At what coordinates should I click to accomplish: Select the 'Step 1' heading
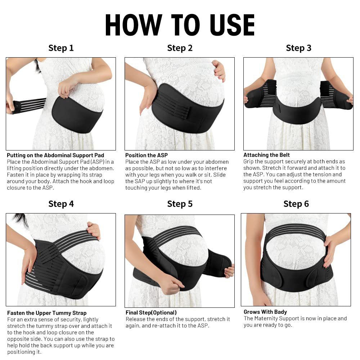(61, 48)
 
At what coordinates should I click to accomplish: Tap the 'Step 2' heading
(180, 48)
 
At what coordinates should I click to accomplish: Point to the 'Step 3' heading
(298, 48)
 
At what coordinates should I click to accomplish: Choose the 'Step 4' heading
(61, 204)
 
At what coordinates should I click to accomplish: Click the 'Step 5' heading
(180, 204)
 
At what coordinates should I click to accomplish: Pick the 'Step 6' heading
(296, 204)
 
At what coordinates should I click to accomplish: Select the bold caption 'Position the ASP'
(147, 155)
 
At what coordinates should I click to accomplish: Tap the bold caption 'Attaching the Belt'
(266, 155)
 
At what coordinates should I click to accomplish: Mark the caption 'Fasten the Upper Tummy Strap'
(47, 313)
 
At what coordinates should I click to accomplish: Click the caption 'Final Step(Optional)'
(151, 312)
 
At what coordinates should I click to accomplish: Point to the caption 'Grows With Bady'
(265, 312)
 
